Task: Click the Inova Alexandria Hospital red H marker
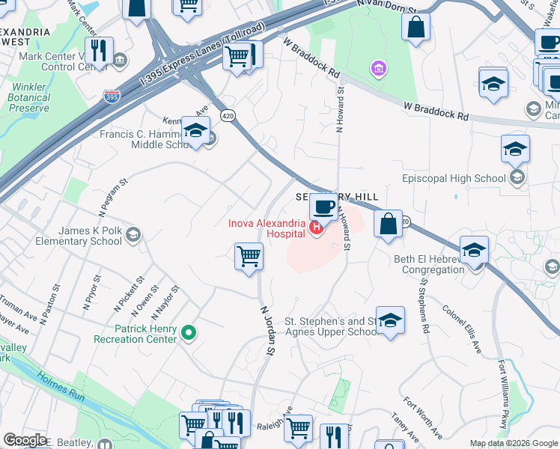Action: [316, 227]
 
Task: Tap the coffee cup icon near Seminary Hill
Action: [323, 206]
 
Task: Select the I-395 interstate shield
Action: [111, 96]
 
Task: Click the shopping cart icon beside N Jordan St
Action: [248, 256]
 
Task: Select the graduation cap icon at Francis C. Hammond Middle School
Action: [195, 132]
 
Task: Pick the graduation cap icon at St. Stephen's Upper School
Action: [389, 320]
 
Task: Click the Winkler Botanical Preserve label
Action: [29, 97]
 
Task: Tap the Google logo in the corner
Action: [24, 440]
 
